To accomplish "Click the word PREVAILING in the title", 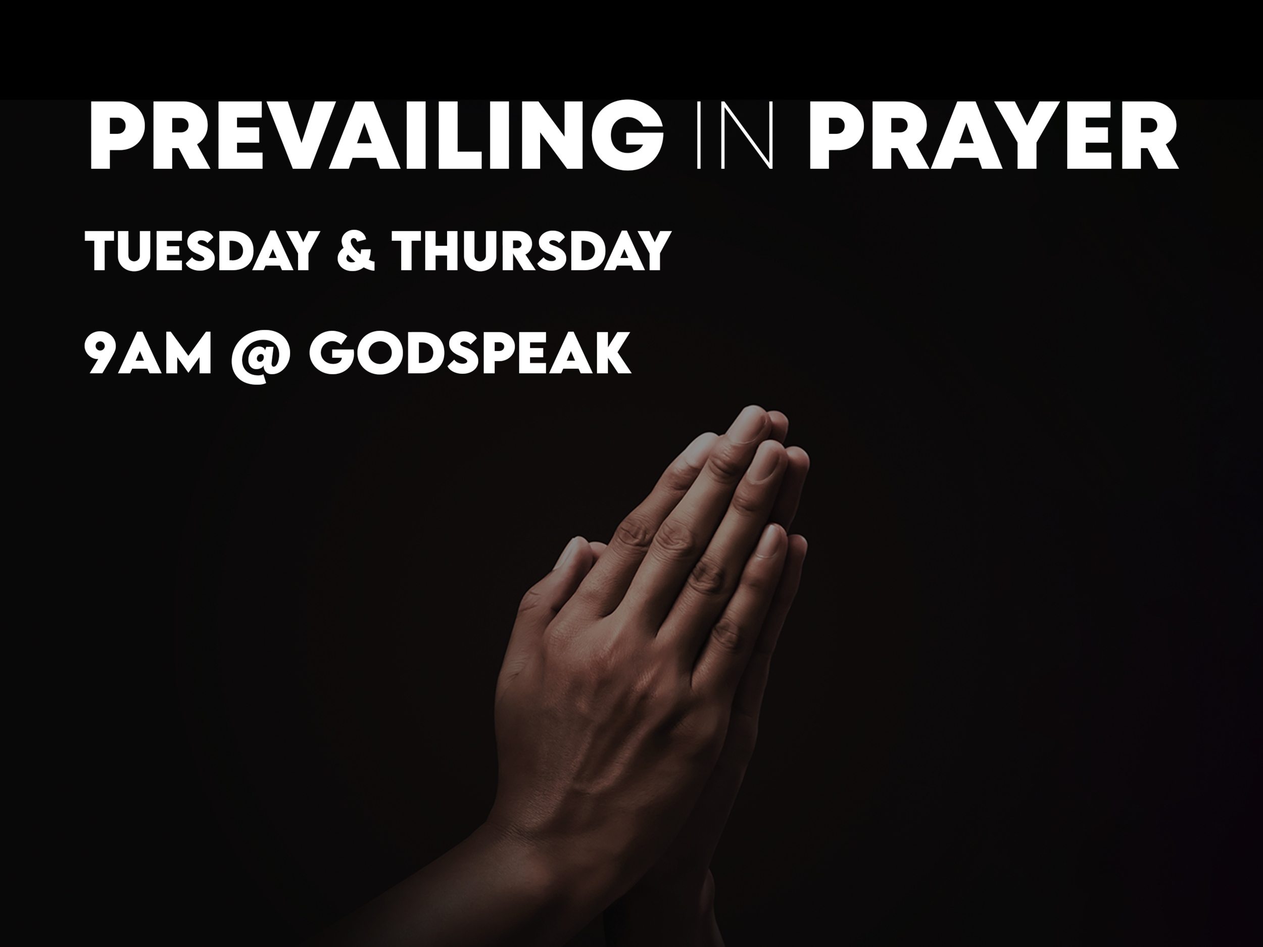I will point(374,136).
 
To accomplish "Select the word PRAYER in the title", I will point(992,136).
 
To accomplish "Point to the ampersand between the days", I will point(355,251).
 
